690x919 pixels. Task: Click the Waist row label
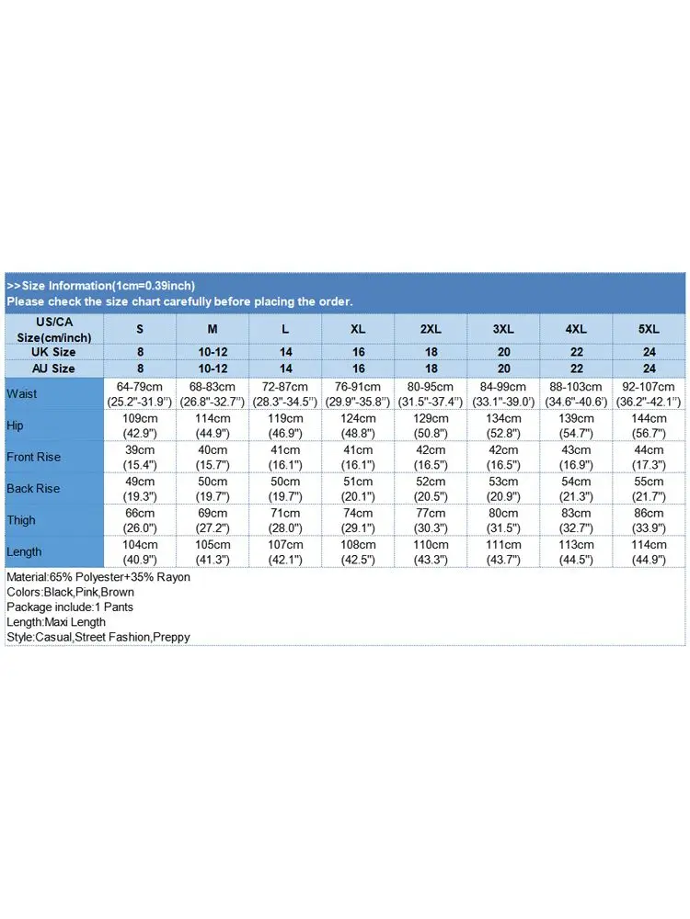click(22, 394)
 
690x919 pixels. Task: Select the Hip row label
click(16, 425)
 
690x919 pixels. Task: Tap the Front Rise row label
click(33, 457)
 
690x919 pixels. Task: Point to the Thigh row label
click(21, 520)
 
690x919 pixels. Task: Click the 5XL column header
click(649, 329)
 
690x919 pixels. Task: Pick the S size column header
click(140, 329)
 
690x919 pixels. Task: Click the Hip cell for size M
click(213, 425)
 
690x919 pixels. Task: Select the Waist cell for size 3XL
click(504, 394)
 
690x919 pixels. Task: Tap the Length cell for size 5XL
click(649, 551)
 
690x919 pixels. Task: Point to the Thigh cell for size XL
click(359, 520)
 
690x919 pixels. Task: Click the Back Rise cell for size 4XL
click(577, 489)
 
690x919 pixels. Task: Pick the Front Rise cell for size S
click(140, 457)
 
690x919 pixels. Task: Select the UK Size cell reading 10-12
click(213, 352)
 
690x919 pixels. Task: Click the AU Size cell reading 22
click(577, 369)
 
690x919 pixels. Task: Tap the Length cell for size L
click(286, 551)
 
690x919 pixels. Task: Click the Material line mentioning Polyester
click(98, 577)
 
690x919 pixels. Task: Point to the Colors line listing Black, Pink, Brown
click(71, 592)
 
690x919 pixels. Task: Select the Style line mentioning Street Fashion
click(98, 637)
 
